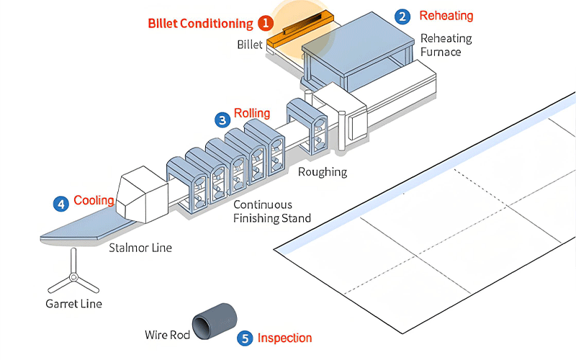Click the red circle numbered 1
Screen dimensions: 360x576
tap(265, 23)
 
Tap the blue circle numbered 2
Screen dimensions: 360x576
tap(403, 16)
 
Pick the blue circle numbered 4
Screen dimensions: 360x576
tap(61, 204)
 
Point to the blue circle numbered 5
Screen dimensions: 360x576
tap(246, 338)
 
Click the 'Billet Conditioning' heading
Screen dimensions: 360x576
tap(200, 24)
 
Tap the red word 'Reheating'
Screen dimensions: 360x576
tap(446, 16)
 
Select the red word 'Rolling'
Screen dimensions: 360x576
tap(252, 113)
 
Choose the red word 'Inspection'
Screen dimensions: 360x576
tap(284, 338)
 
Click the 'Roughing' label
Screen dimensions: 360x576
tap(323, 172)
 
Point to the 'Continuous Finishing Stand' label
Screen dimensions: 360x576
tap(272, 212)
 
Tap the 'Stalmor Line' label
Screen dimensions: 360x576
tap(140, 248)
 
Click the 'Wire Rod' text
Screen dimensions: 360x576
tap(165, 334)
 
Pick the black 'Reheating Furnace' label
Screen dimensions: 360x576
tap(446, 45)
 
